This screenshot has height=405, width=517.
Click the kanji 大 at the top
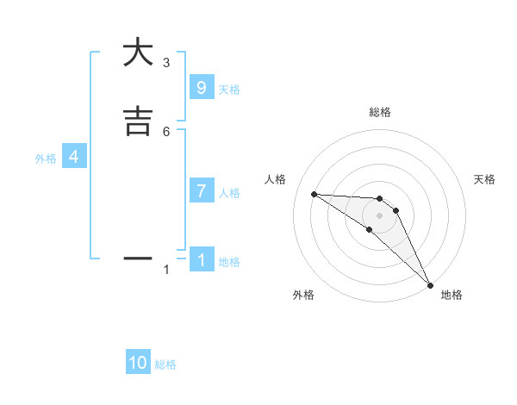coord(138,53)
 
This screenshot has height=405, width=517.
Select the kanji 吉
coord(138,121)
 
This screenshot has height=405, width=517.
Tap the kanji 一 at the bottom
coord(138,258)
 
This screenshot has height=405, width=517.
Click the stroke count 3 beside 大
coord(166,63)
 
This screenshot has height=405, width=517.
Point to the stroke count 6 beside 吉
coord(166,131)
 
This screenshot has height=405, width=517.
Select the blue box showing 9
coord(201,87)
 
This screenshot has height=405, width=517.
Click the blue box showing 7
coord(201,191)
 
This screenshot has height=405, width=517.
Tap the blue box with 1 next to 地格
coord(201,259)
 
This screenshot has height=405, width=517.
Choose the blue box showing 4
coord(74,157)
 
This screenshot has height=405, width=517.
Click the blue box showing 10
coord(138,363)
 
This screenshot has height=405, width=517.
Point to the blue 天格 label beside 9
coord(229,89)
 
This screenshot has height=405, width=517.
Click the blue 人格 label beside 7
coord(229,193)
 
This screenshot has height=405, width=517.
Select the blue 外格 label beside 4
coord(46,159)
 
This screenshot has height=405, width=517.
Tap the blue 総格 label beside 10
coord(165,364)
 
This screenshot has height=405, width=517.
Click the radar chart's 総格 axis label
coord(380,113)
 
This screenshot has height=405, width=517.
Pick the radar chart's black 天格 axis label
coord(484,179)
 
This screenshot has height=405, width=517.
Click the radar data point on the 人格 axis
coord(314,194)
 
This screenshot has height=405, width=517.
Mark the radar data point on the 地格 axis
coord(430,284)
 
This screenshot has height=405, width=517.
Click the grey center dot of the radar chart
coord(379,215)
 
